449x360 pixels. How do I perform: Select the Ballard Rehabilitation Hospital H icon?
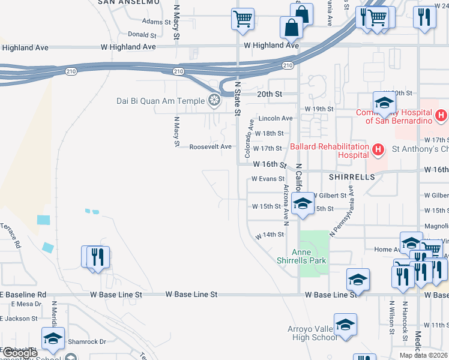coord(378,149)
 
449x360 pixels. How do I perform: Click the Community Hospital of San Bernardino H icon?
coord(441,115)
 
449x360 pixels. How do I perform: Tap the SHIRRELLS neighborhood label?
coord(351,177)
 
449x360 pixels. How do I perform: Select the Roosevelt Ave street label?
coord(211,146)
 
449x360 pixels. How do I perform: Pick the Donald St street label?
coord(142,35)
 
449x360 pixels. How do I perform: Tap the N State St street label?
coord(238,98)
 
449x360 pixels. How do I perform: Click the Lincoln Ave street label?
coord(276,118)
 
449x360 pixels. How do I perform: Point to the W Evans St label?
coord(268,179)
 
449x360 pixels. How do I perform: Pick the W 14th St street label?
coord(270,235)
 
